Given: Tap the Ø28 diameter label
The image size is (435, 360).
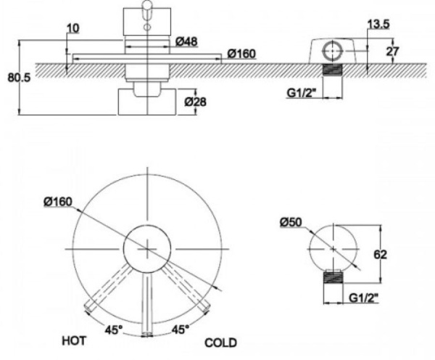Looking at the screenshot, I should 195,102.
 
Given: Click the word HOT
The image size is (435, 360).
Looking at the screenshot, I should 75,340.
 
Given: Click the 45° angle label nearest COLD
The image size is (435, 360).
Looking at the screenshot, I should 181,329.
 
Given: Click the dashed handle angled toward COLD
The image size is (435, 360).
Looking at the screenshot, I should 190,291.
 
